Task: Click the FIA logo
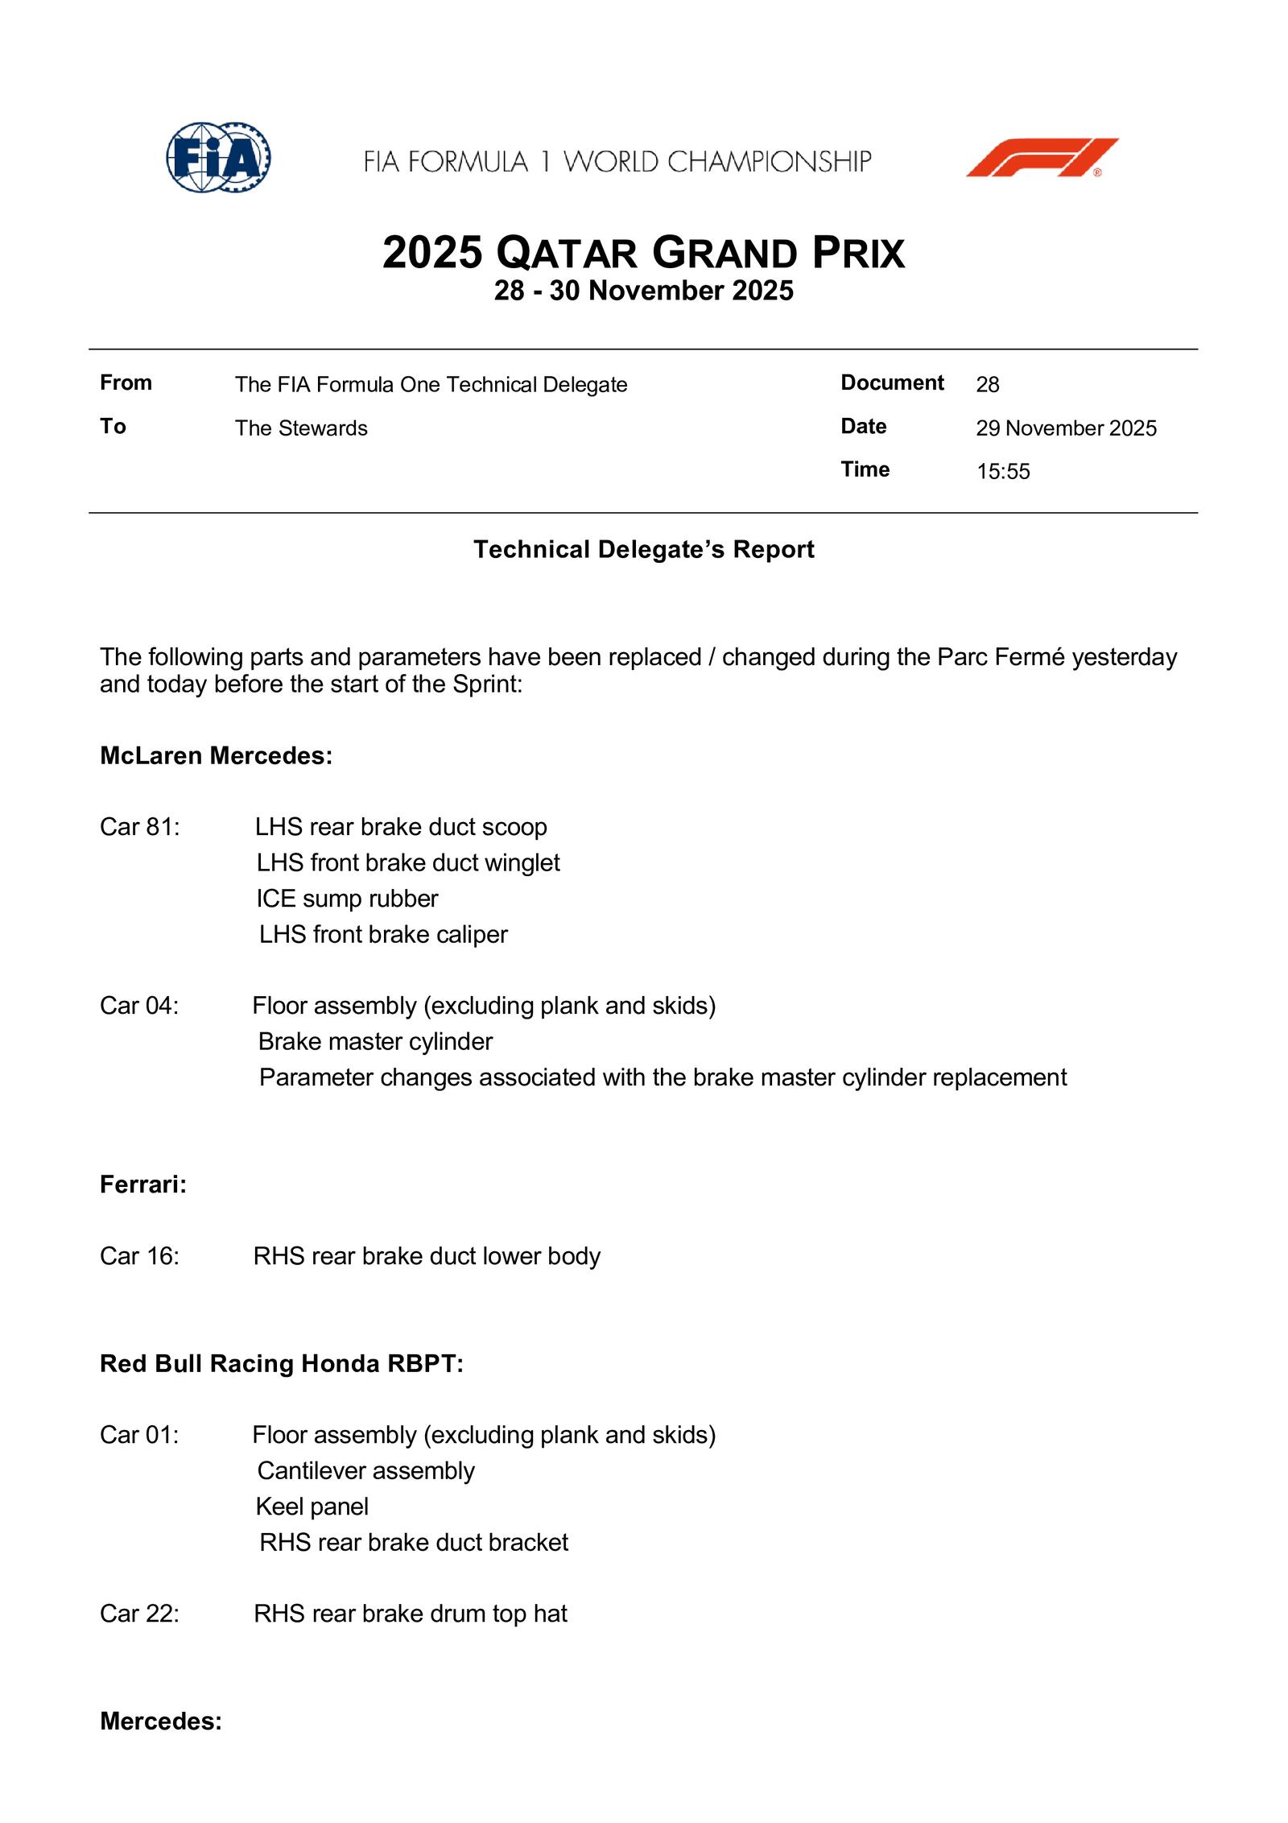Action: (218, 157)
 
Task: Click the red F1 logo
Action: (1042, 158)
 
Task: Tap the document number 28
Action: (987, 385)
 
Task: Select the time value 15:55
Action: (1003, 472)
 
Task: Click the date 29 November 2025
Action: (1066, 428)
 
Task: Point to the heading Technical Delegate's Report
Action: (643, 550)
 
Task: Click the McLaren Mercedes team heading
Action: (216, 756)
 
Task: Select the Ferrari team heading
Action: (143, 1184)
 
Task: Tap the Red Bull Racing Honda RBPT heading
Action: (282, 1363)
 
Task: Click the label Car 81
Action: (140, 827)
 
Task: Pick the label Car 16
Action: (140, 1256)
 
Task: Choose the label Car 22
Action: (140, 1614)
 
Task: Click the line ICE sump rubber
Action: (347, 899)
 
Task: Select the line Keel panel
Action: (312, 1507)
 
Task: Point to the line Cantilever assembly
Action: (366, 1471)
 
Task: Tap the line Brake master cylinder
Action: (375, 1042)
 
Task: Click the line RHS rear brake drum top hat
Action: (411, 1614)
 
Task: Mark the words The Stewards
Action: (301, 428)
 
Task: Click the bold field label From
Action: (126, 382)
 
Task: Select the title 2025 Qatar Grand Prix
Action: (643, 253)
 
